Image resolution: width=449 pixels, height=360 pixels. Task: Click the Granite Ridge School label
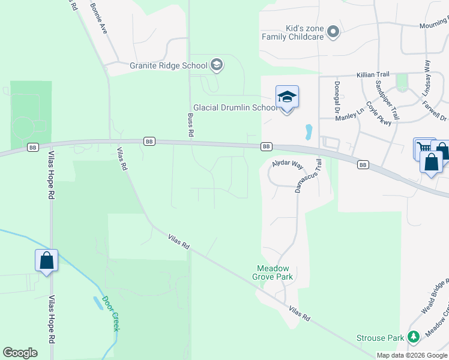pyautogui.click(x=169, y=65)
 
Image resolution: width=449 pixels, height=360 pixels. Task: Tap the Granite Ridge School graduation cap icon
pyautogui.click(x=217, y=65)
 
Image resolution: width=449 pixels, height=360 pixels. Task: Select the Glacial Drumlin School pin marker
pyautogui.click(x=287, y=97)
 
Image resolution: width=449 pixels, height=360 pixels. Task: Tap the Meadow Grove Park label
pyautogui.click(x=274, y=272)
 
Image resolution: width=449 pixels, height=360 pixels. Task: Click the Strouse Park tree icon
pyautogui.click(x=413, y=338)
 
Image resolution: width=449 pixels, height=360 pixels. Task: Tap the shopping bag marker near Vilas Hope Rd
pyautogui.click(x=46, y=261)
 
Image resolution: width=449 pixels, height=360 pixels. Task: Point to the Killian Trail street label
pyautogui.click(x=373, y=74)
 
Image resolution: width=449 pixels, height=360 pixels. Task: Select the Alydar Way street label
pyautogui.click(x=288, y=166)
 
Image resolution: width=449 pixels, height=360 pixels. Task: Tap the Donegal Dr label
pyautogui.click(x=337, y=97)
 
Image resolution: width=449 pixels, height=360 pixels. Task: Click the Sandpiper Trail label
pyautogui.click(x=387, y=100)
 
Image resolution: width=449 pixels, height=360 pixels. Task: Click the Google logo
pyautogui.click(x=20, y=352)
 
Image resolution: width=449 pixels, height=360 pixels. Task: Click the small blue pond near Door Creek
pyautogui.click(x=98, y=302)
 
